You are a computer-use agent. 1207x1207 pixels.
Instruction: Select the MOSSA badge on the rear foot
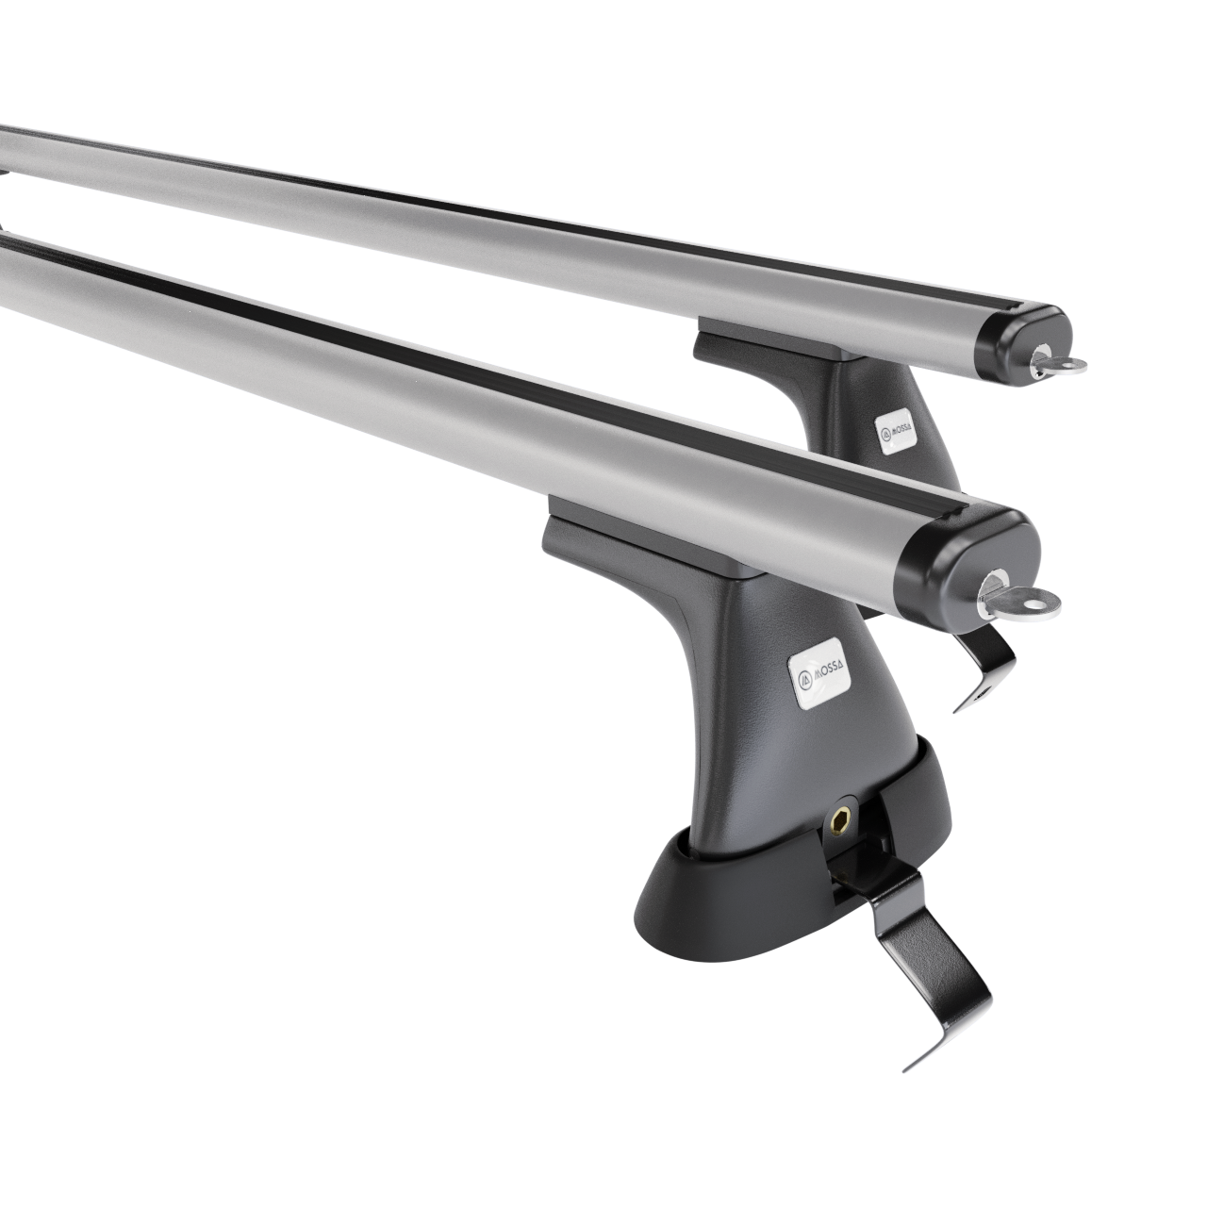tap(897, 432)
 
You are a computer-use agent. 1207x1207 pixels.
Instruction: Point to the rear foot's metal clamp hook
tap(984, 665)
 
